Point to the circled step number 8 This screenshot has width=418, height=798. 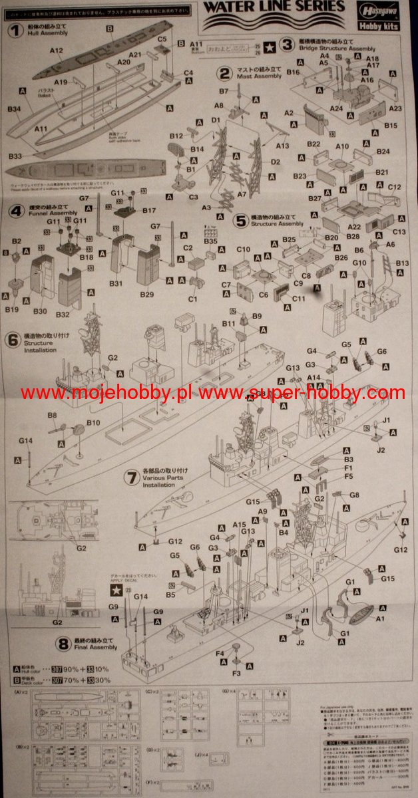click(63, 644)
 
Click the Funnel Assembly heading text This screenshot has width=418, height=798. click(53, 213)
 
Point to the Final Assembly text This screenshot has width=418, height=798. click(95, 647)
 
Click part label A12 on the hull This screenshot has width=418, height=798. click(56, 51)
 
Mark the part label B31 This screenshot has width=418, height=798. click(117, 284)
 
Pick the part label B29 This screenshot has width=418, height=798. click(146, 293)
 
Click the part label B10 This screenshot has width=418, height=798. click(93, 422)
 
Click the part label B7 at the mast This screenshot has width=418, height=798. click(224, 90)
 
